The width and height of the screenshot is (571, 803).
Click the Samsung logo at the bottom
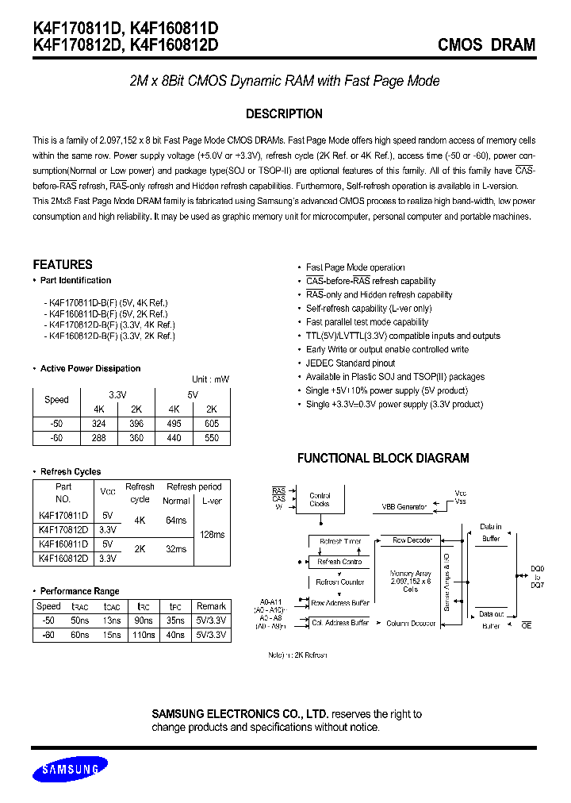(71, 769)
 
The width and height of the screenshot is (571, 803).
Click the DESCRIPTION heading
(284, 113)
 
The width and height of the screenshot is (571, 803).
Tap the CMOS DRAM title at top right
(486, 45)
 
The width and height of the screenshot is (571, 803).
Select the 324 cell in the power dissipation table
(100, 424)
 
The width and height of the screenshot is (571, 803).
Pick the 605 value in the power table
(211, 424)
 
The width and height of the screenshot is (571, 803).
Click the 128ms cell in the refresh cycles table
(212, 534)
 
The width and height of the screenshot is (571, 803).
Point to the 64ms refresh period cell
(176, 521)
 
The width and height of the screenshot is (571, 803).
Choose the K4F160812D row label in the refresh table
(63, 558)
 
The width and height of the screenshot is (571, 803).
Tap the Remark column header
(211, 606)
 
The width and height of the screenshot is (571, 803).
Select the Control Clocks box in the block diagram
(320, 499)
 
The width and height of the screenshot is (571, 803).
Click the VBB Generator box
(404, 506)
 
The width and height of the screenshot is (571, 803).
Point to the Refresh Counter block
(340, 582)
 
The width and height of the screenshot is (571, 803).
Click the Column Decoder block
(411, 624)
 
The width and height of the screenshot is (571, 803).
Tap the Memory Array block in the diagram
(410, 581)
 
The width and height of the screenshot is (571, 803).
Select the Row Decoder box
(412, 540)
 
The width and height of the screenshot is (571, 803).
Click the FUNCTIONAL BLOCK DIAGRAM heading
(383, 458)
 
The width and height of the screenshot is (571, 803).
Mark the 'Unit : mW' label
(210, 379)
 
